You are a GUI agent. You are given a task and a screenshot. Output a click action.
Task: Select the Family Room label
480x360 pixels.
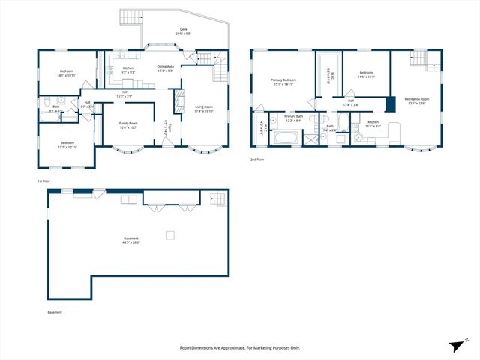[x=128, y=124]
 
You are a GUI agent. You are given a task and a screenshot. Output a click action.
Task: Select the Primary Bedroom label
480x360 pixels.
[x=283, y=80]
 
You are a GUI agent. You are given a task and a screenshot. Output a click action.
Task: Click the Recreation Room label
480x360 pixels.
[x=416, y=100]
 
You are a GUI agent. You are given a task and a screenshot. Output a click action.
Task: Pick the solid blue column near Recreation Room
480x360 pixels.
[x=389, y=103]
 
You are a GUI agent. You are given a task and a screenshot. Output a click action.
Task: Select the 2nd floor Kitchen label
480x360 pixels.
[x=373, y=123]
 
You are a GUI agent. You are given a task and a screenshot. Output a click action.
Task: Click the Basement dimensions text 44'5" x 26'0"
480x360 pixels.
[x=131, y=242]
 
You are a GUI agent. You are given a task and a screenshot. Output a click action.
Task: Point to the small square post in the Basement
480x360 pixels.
[x=170, y=235]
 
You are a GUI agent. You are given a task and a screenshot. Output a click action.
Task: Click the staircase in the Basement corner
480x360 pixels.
[x=218, y=198]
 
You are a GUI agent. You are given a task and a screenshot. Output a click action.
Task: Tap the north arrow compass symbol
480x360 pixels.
[x=457, y=344]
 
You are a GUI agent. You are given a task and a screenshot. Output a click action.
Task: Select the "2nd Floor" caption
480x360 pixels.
[x=258, y=159]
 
